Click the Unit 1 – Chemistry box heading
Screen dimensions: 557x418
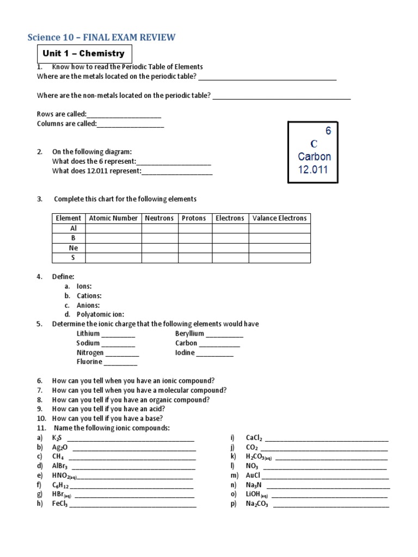click(x=84, y=53)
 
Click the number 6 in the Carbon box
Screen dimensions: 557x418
click(x=328, y=131)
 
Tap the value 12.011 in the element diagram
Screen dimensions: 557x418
click(x=313, y=169)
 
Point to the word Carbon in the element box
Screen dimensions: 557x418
click(x=314, y=157)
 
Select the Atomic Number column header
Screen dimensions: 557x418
click(x=113, y=218)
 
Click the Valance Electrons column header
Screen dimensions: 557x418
click(x=279, y=218)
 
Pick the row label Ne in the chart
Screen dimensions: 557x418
click(x=73, y=248)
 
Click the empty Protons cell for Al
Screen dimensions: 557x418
click(x=195, y=228)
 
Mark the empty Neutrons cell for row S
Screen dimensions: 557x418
click(x=159, y=258)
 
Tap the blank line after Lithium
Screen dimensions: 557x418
click(x=118, y=335)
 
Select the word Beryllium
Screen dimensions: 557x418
click(x=189, y=333)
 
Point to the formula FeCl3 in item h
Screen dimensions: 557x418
click(x=60, y=504)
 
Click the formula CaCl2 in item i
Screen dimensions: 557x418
click(x=254, y=438)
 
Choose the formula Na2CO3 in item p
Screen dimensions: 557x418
click(x=257, y=504)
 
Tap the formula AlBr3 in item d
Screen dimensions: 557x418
click(x=60, y=466)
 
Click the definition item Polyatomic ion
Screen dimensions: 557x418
click(x=100, y=314)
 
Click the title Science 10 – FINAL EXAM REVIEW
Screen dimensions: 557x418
click(x=102, y=37)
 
